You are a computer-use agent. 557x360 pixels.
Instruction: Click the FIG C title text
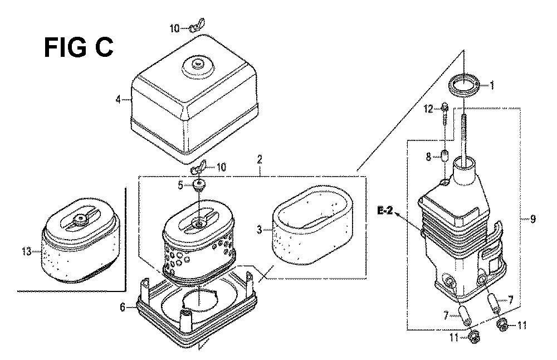click(79, 47)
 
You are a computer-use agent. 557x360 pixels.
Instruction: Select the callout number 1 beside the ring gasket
click(492, 85)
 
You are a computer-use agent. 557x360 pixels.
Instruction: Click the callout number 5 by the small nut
click(180, 185)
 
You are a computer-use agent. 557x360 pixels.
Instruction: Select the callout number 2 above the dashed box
click(260, 159)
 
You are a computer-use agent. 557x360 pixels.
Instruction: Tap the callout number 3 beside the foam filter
click(260, 230)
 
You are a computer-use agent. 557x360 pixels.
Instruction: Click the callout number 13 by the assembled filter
click(26, 252)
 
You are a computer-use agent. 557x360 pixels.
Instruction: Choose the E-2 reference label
click(385, 211)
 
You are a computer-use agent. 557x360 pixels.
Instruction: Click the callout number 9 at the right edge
click(532, 219)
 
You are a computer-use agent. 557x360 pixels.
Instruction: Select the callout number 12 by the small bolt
click(429, 109)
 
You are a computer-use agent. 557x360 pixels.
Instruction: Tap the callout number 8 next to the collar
click(429, 157)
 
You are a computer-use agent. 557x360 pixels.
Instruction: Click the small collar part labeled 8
click(444, 155)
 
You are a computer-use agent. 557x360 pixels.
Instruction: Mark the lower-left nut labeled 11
click(473, 334)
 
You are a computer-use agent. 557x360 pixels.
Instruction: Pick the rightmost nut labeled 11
click(502, 324)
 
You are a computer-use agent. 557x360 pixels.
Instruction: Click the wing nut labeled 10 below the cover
click(199, 168)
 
